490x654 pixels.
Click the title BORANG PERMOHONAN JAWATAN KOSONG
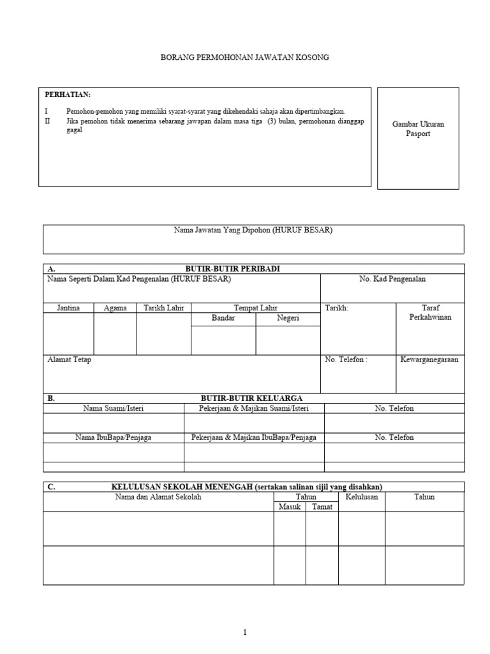click(x=245, y=57)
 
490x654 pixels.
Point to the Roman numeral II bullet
click(x=47, y=121)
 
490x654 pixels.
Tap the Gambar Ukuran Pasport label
click(x=418, y=129)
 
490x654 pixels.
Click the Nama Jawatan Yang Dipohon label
click(x=253, y=231)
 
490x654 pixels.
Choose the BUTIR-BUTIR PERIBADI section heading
click(x=232, y=269)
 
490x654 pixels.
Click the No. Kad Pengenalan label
click(x=392, y=279)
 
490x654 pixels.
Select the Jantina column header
click(x=68, y=308)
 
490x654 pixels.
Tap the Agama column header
click(x=115, y=308)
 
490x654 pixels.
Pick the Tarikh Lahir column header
click(x=164, y=308)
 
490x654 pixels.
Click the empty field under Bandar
click(x=223, y=340)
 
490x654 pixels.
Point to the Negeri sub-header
click(x=288, y=318)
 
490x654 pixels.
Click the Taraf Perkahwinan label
click(x=431, y=312)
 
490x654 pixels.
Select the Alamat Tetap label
click(x=70, y=360)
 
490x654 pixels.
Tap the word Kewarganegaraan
click(x=429, y=360)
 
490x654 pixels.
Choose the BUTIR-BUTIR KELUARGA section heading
click(x=251, y=398)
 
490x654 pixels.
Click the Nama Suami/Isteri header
click(x=114, y=408)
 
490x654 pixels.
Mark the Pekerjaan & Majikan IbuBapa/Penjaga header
click(x=254, y=437)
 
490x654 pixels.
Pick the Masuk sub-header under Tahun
click(x=289, y=506)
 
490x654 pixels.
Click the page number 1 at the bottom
click(x=245, y=632)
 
